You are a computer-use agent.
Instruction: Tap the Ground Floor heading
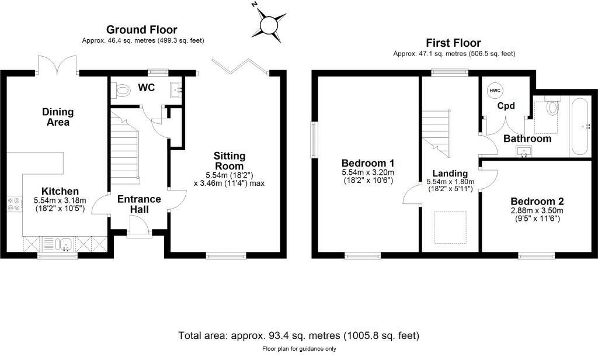pyautogui.click(x=141, y=30)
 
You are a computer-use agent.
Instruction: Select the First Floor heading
pyautogui.click(x=453, y=43)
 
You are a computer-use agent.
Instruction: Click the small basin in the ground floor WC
pyautogui.click(x=176, y=90)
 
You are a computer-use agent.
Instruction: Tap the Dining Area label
pyautogui.click(x=56, y=117)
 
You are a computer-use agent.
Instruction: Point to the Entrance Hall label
pyautogui.click(x=139, y=203)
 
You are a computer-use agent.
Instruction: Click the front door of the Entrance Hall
pyautogui.click(x=138, y=226)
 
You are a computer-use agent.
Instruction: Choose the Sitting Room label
pyautogui.click(x=230, y=161)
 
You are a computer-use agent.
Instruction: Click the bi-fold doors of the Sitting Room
pyautogui.click(x=240, y=65)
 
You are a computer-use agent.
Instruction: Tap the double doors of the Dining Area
pyautogui.click(x=57, y=64)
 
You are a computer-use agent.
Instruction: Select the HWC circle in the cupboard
pyautogui.click(x=495, y=91)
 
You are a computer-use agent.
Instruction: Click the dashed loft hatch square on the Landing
pyautogui.click(x=450, y=227)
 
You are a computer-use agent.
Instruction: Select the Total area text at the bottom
pyautogui.click(x=298, y=336)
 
